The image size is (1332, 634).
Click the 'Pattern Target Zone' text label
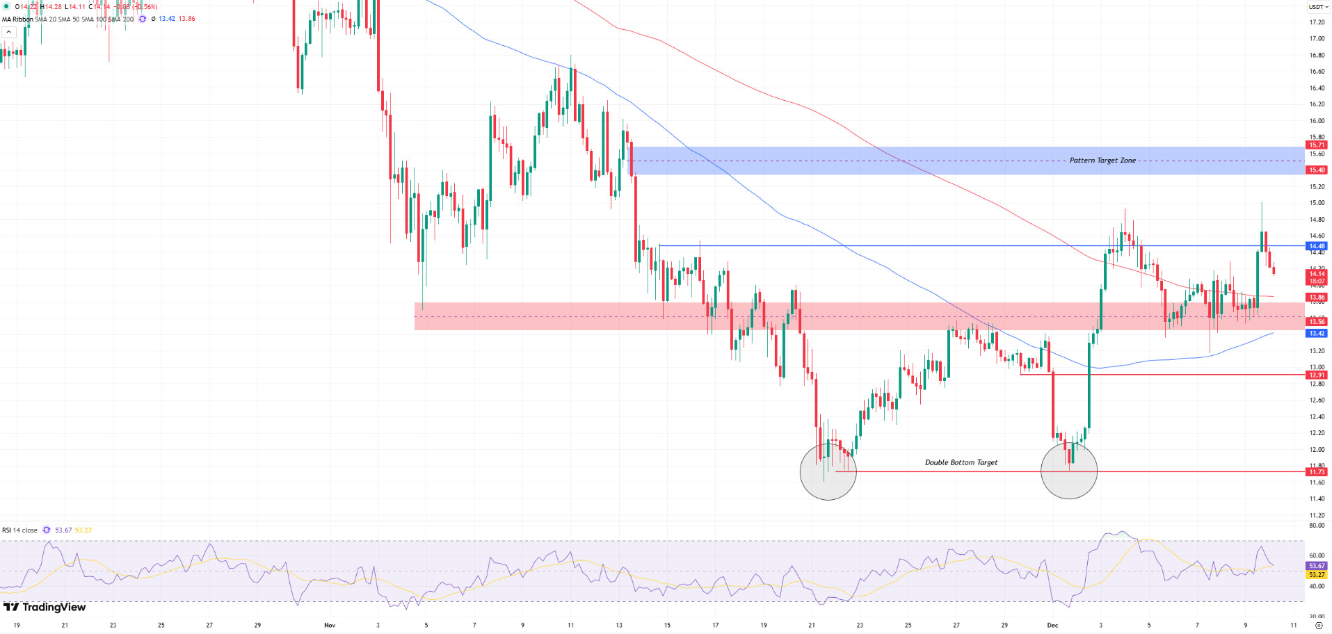click(x=1102, y=161)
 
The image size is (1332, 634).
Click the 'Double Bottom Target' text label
click(x=961, y=462)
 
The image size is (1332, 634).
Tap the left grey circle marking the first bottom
click(x=828, y=472)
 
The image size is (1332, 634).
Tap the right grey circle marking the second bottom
click(x=1068, y=471)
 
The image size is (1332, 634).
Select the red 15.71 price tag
click(x=1317, y=145)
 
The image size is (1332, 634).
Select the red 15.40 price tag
click(x=1317, y=170)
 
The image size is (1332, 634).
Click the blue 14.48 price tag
click(x=1317, y=246)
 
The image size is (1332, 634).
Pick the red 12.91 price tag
click(x=1317, y=375)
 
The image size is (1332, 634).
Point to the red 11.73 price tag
click(x=1317, y=472)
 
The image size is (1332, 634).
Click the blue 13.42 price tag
click(x=1317, y=334)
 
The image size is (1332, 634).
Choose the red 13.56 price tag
click(x=1317, y=322)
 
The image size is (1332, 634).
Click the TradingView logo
click(x=45, y=608)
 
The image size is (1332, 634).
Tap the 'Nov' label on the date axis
click(x=330, y=625)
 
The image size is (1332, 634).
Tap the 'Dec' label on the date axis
click(x=1052, y=625)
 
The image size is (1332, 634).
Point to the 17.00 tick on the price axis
click(x=1317, y=39)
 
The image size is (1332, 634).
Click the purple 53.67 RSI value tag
click(x=1317, y=566)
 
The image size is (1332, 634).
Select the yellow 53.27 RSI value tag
click(x=1317, y=575)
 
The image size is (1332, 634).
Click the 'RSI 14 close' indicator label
click(x=20, y=530)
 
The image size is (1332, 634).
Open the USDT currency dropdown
click(x=1317, y=7)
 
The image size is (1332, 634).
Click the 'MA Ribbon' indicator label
click(x=17, y=19)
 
